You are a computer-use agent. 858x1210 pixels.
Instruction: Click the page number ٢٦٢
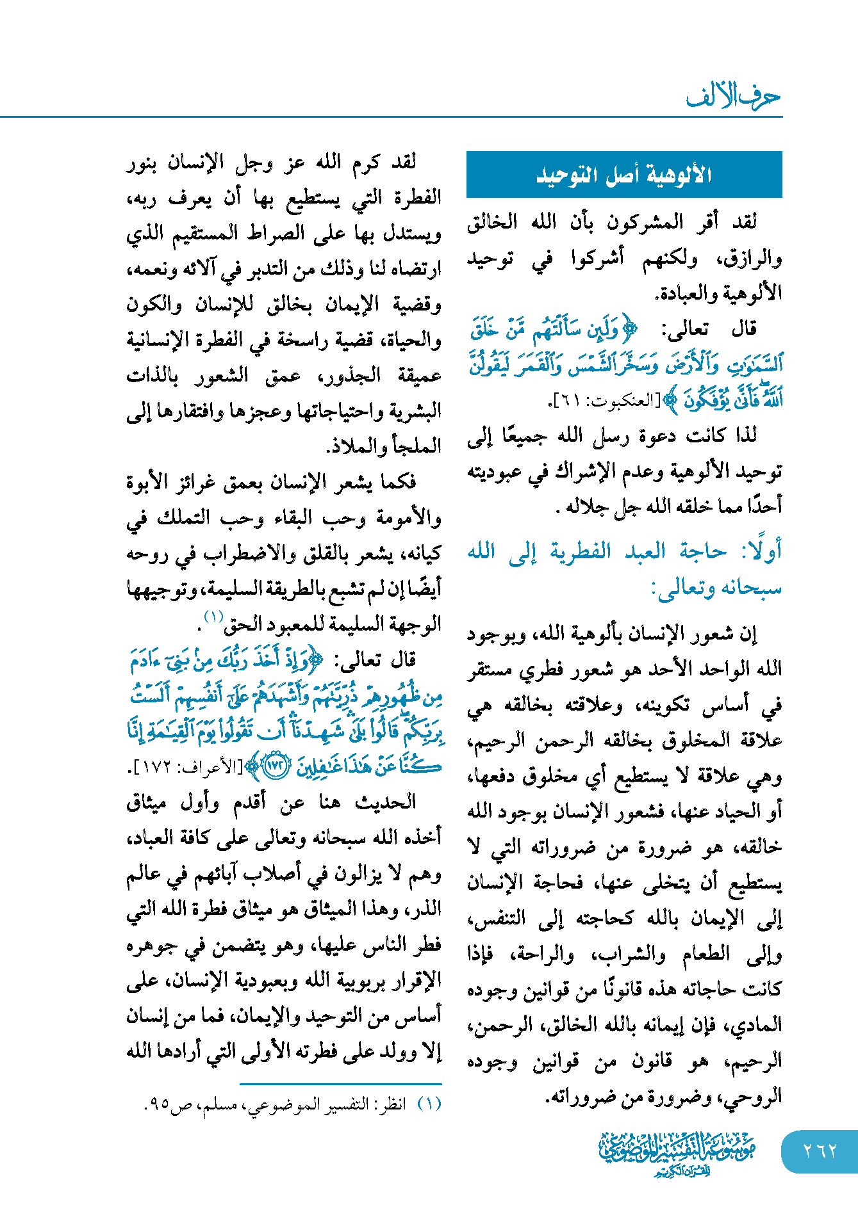tap(820, 1151)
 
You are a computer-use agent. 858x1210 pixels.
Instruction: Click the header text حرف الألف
tap(734, 97)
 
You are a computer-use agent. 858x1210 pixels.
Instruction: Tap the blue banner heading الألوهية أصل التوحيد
tap(623, 174)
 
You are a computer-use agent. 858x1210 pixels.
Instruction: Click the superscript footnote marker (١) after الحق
tap(213, 617)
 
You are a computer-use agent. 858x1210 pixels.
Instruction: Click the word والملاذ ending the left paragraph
tap(354, 446)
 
